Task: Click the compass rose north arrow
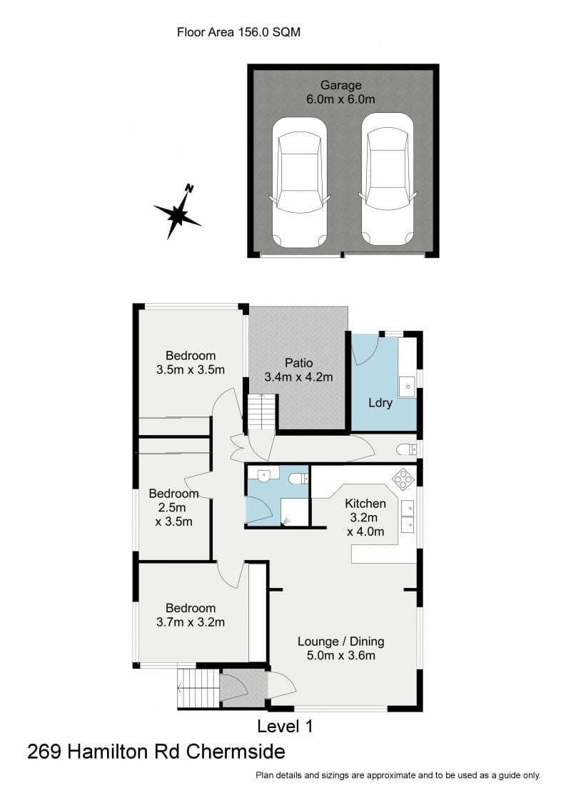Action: click(x=178, y=212)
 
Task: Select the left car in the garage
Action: click(x=300, y=183)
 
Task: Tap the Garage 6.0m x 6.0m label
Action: click(x=340, y=93)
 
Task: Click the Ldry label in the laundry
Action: click(x=380, y=403)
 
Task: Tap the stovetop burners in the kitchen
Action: click(x=404, y=477)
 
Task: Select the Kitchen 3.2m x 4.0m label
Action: click(x=365, y=517)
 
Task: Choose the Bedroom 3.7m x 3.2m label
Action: click(x=191, y=614)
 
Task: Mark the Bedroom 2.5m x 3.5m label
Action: click(x=173, y=507)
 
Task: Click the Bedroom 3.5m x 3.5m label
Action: click(x=191, y=362)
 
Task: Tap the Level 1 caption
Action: click(x=285, y=727)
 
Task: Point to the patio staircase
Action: click(x=261, y=413)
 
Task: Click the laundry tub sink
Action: click(x=408, y=386)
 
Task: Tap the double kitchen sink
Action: click(x=408, y=517)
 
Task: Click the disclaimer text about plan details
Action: click(x=398, y=775)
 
